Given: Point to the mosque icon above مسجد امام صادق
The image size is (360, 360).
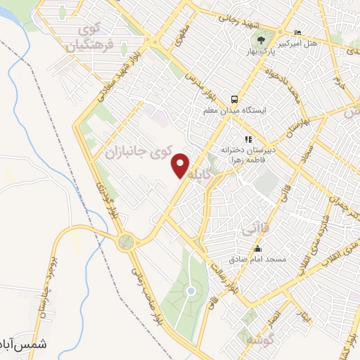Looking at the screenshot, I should click(257, 249).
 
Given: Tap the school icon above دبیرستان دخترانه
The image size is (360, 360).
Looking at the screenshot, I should click(247, 140).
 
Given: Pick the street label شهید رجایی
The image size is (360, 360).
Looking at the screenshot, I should click(231, 21).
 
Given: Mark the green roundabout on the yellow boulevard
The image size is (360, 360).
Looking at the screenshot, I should click(127, 243).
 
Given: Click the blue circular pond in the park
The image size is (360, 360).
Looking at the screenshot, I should click(191, 291).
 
